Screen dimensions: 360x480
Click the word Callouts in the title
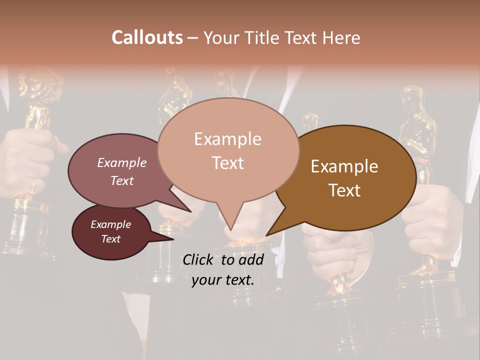[x=147, y=37]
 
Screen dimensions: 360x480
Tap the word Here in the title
[x=341, y=38]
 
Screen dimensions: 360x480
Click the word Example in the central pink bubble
[x=227, y=139]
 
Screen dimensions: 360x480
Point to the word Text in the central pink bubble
[x=228, y=162]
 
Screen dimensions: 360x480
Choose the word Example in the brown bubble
[x=344, y=166]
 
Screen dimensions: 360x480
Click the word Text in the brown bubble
[x=345, y=190]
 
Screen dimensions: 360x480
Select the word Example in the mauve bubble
[x=121, y=162]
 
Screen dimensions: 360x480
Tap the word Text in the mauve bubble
[x=121, y=180]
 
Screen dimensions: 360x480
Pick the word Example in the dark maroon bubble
[x=110, y=224]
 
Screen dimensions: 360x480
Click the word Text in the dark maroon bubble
[x=110, y=239]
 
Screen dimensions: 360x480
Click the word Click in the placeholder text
[x=198, y=259]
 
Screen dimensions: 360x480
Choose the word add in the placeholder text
[x=250, y=259]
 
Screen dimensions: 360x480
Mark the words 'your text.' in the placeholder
[x=222, y=280]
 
